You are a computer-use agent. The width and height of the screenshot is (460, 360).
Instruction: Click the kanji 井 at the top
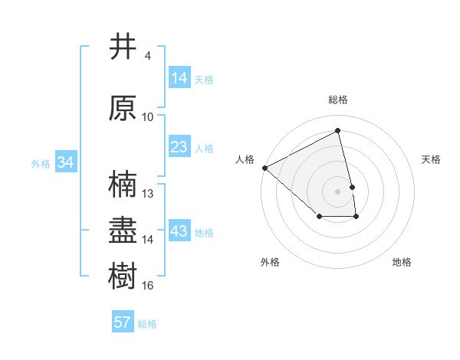(123, 47)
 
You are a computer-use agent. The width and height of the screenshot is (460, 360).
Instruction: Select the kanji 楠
(123, 185)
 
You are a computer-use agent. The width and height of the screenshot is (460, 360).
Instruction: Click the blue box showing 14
(179, 78)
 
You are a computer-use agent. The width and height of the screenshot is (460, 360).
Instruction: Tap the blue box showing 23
(179, 147)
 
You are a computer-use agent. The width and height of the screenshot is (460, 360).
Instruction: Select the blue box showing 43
(179, 231)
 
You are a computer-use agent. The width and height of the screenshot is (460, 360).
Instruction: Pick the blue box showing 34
(66, 162)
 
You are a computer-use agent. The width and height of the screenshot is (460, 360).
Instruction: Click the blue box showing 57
(123, 322)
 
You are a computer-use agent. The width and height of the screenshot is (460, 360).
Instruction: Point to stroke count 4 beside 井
(148, 56)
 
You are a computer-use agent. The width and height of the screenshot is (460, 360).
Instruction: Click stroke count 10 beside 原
(148, 116)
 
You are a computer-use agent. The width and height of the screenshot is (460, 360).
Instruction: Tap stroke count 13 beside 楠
(148, 193)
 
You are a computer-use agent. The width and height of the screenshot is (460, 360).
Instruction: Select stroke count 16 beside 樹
(148, 285)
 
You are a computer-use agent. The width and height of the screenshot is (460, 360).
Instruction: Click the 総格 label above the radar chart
(337, 100)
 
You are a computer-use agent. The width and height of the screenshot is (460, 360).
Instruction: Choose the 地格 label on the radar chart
(402, 262)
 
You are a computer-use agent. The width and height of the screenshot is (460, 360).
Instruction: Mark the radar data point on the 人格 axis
(264, 168)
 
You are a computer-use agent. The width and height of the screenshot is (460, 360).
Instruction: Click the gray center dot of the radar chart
(337, 191)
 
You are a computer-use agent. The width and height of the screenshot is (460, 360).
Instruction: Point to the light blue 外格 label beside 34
(41, 163)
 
